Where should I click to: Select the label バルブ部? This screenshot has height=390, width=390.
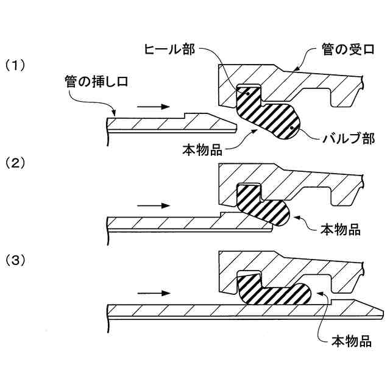346,138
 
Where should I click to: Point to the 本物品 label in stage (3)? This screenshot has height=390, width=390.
350,340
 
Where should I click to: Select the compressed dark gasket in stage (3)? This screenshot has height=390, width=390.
274,291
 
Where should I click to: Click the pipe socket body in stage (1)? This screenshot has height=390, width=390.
286,79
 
